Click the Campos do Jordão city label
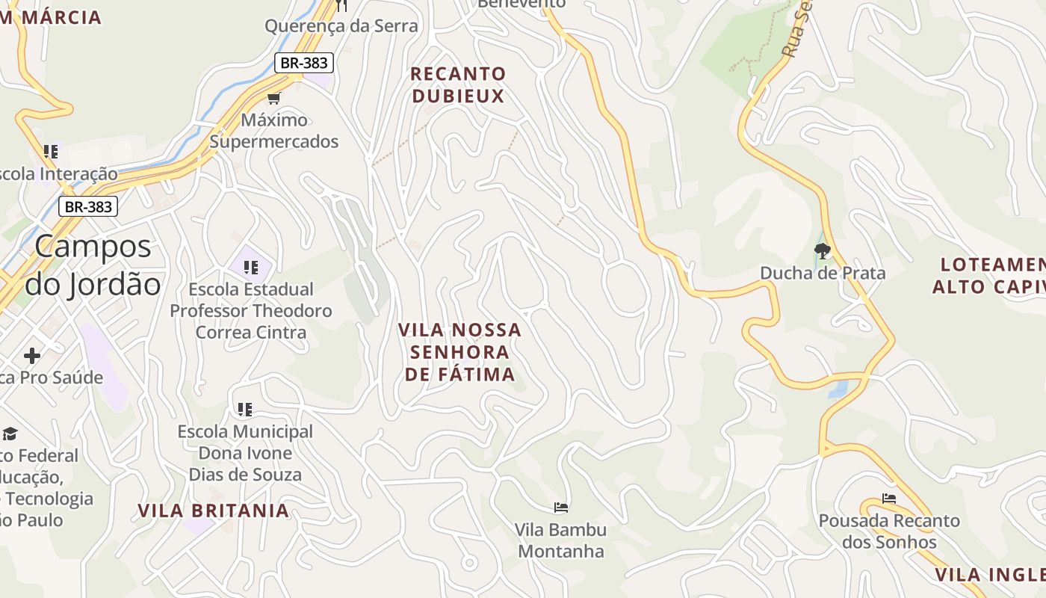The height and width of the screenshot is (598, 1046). (93, 265)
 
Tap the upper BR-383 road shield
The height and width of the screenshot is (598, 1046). (303, 63)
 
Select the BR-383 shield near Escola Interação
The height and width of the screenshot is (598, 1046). (88, 206)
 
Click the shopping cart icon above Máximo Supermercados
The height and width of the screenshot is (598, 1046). (274, 98)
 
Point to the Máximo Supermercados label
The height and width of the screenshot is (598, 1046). (274, 131)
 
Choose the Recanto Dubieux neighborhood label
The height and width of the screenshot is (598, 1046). (458, 84)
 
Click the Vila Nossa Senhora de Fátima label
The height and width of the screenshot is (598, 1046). (459, 351)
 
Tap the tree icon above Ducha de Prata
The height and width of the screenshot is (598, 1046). (823, 251)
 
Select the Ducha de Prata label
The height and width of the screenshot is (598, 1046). (823, 273)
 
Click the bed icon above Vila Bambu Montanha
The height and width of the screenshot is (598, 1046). (561, 508)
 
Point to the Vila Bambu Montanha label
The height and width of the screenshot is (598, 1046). (561, 540)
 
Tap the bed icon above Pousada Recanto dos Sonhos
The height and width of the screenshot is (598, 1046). (888, 499)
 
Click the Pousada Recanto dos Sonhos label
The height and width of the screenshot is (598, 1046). (889, 531)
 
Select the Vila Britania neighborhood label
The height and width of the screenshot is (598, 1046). (213, 511)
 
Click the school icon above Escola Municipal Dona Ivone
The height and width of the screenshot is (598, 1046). (245, 410)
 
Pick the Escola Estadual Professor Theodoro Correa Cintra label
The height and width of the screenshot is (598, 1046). (251, 310)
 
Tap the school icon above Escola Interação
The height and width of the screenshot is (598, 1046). (51, 152)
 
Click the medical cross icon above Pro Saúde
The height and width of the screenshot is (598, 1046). (31, 355)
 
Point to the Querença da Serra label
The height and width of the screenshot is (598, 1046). (341, 26)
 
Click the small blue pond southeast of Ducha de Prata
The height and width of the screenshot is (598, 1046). (838, 389)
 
